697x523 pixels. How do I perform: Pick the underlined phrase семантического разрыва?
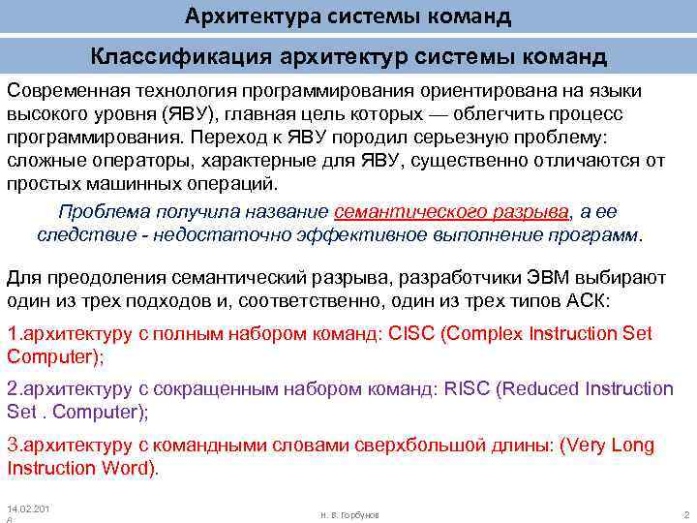click(x=451, y=211)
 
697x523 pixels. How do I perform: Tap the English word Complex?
click(x=496, y=334)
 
